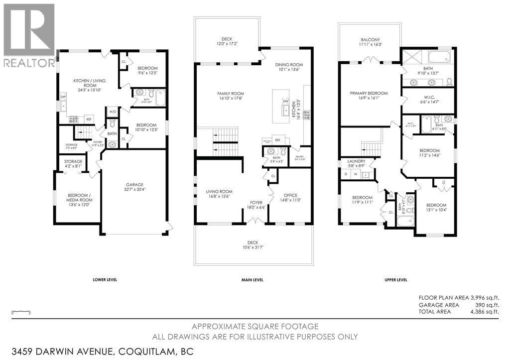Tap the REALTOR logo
coord(29,35)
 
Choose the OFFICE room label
coord(290,195)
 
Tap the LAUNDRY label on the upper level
coord(357,161)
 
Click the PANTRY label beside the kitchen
coord(299,156)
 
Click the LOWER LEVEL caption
coord(105,280)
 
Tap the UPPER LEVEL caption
coord(396,280)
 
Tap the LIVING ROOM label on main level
coord(219,191)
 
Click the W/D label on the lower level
coord(112,112)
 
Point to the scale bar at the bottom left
coord(18,312)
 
